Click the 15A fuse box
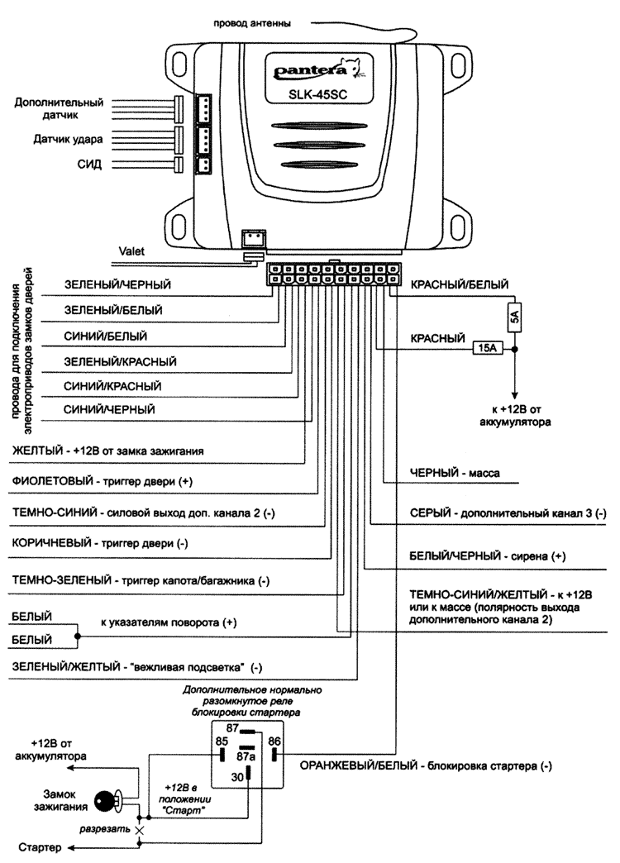[487, 349]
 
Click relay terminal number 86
[275, 743]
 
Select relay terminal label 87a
[246, 756]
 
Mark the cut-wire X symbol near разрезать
[140, 829]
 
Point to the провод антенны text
[252, 22]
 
